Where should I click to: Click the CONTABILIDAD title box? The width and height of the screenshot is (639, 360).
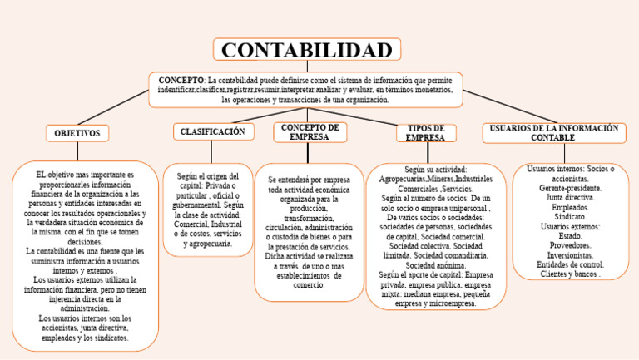pos(306,50)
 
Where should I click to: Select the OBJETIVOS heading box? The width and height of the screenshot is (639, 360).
pos(77,133)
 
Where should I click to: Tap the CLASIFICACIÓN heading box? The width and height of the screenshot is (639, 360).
pos(212,131)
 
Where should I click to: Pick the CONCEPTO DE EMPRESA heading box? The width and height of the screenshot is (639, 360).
pos(310,132)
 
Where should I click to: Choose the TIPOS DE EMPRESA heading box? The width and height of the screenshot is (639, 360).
pos(431,133)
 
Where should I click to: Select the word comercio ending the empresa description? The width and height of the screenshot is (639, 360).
pos(309,284)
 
